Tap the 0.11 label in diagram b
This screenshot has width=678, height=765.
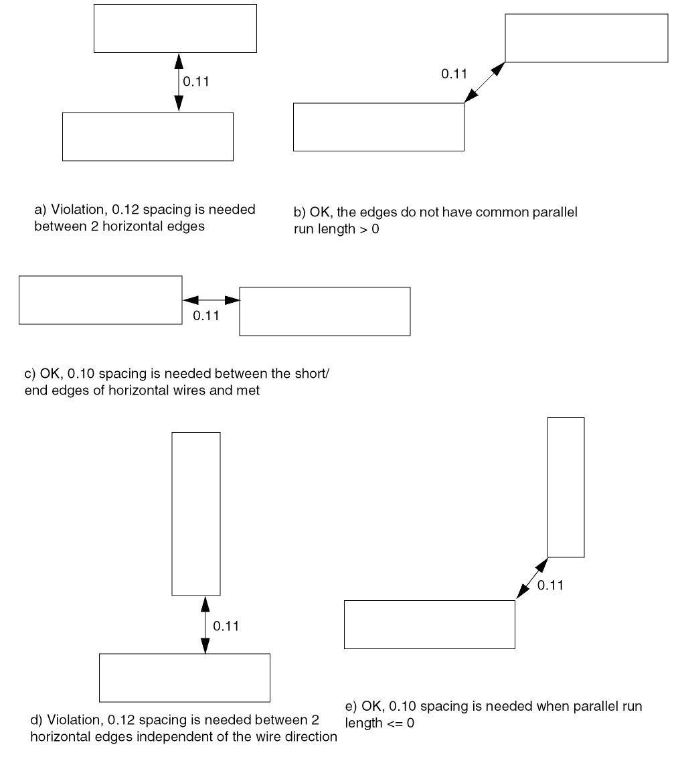tap(454, 74)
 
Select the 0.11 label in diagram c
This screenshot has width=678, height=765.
tap(206, 316)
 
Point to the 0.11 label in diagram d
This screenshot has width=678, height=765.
tap(226, 626)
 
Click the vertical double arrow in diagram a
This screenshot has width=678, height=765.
tap(179, 82)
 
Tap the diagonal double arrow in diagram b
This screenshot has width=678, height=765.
tap(485, 83)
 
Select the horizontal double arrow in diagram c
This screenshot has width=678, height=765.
tap(211, 301)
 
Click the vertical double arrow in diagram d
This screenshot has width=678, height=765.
tap(205, 624)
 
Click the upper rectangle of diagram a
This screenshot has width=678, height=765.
tap(175, 28)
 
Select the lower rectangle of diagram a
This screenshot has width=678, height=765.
tap(147, 137)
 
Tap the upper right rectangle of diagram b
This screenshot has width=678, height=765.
tap(586, 38)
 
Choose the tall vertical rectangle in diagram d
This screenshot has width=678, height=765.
tap(196, 513)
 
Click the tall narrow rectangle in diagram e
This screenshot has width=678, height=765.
tap(566, 487)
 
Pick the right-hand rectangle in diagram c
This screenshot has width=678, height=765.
tap(325, 311)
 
